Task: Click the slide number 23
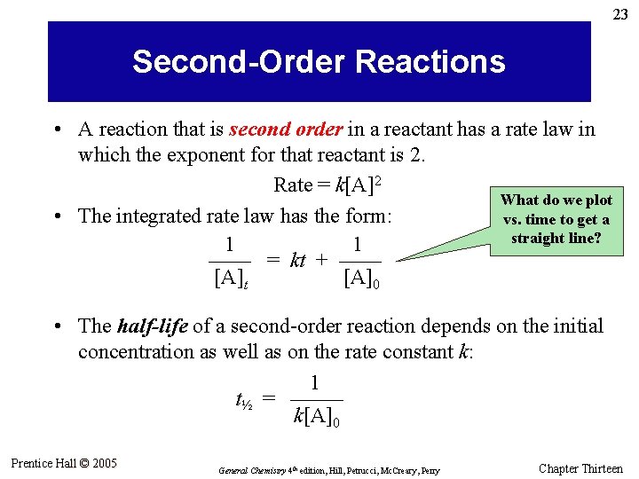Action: pyautogui.click(x=619, y=14)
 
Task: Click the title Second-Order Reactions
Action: pyautogui.click(x=319, y=62)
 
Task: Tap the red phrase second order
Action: pyautogui.click(x=285, y=130)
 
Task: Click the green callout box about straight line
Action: pyautogui.click(x=556, y=220)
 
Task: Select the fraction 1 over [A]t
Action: pyautogui.click(x=230, y=262)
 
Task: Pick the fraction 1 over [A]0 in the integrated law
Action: pyautogui.click(x=359, y=262)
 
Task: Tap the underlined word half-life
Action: pyautogui.click(x=152, y=326)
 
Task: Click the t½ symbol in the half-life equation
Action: pyautogui.click(x=244, y=400)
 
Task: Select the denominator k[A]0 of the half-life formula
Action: pyautogui.click(x=316, y=414)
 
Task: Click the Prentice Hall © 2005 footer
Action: pyautogui.click(x=64, y=463)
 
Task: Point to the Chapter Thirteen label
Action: pyautogui.click(x=581, y=468)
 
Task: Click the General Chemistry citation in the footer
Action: pyautogui.click(x=328, y=470)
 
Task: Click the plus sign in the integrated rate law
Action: pyautogui.click(x=320, y=260)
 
